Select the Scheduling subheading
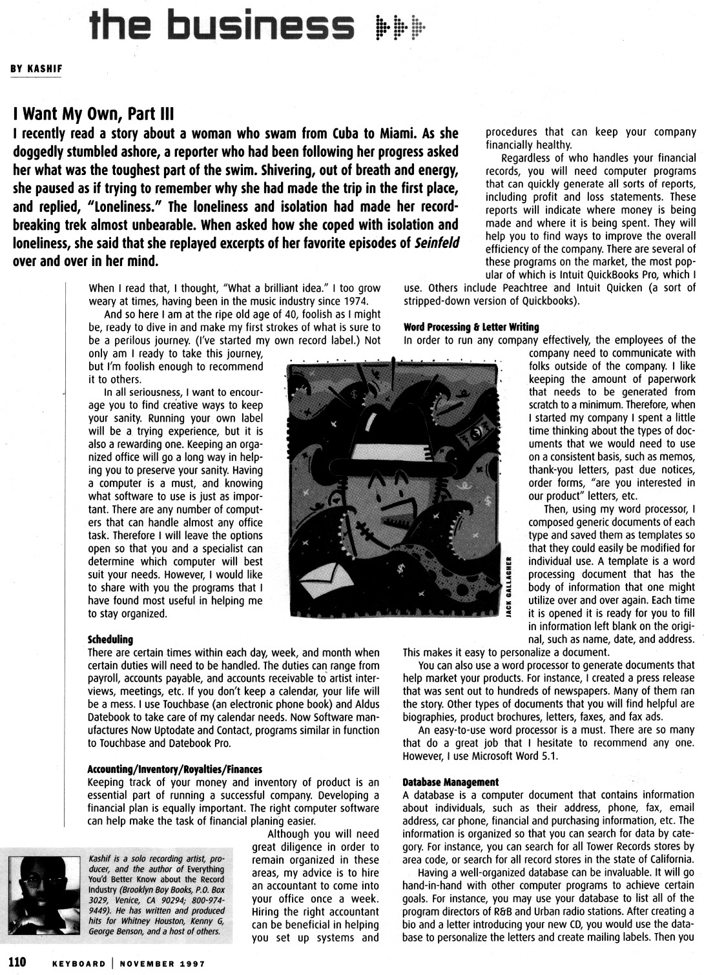tap(110, 639)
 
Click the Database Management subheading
tap(450, 782)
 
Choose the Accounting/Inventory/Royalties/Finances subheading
tap(174, 769)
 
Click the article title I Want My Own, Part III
tap(94, 114)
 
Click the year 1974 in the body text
tap(353, 302)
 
